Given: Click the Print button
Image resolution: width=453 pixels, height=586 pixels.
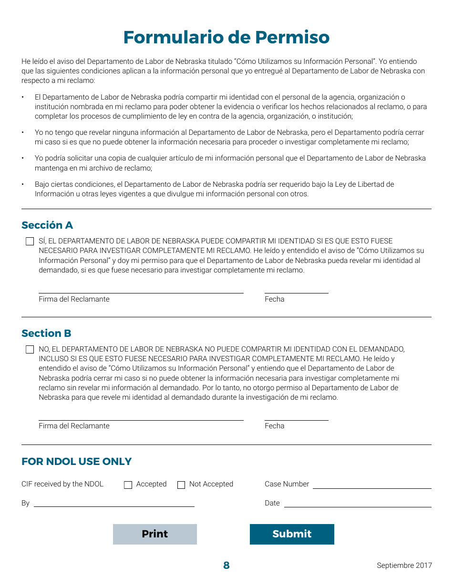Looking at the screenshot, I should pos(154,534).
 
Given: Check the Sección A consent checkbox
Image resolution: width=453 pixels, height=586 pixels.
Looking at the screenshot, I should pos(30,242).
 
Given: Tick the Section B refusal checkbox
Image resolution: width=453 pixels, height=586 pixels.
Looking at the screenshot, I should pos(30,350).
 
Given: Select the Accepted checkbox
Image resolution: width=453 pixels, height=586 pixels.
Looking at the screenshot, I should pos(128,485).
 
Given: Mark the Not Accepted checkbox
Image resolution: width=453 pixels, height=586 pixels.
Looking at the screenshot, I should pos(181,485).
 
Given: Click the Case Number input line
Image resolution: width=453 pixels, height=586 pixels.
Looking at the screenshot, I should pos(372,485).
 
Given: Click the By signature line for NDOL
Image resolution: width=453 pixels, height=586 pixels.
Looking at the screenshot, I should pos(114,503).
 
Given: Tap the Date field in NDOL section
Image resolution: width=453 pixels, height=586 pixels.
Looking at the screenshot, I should pos(358,503).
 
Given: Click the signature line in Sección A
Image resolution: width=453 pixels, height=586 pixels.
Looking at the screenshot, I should pos(141,289).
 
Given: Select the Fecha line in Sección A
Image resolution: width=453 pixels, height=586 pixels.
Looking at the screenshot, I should pos(296,289).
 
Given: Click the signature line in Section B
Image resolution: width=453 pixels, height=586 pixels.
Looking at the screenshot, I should pos(141,416).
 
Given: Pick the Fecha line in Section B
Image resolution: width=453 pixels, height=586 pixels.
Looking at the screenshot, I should pos(296,416).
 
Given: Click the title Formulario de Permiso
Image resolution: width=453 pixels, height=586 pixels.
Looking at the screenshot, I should pos(226,37).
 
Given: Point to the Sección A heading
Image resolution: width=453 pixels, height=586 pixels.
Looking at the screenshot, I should pos(47,225).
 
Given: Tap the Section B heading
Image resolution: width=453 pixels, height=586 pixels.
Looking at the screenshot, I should pos(46,333).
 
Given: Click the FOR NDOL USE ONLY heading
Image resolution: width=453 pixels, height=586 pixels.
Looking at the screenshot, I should pos(76,462).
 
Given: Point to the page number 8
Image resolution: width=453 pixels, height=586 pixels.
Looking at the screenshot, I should pos(226,566).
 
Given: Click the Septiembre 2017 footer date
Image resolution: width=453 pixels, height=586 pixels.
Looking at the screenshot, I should pos(404,566).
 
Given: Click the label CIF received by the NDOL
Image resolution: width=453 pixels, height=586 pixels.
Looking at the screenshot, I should pos(62,484).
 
